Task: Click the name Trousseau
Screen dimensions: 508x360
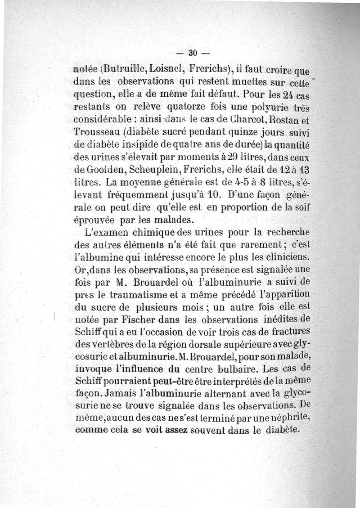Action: click(x=95, y=134)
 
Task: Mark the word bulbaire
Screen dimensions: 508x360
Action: click(x=230, y=370)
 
